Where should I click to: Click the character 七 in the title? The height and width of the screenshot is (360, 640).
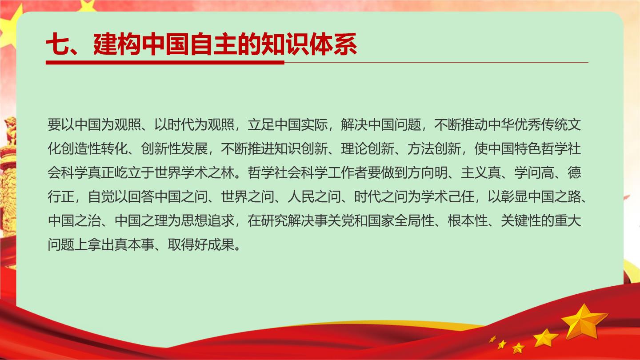click(x=57, y=44)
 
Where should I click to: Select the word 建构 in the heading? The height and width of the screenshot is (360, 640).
click(x=117, y=44)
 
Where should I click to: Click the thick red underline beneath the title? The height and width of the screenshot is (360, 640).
click(x=165, y=62)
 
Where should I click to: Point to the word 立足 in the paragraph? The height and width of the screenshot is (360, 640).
click(x=261, y=124)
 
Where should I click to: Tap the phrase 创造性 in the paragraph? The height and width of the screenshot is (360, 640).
click(x=81, y=148)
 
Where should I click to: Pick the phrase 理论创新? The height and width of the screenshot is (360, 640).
click(x=368, y=148)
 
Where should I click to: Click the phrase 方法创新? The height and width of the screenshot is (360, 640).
click(x=434, y=148)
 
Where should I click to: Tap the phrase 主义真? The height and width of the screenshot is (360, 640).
click(x=481, y=172)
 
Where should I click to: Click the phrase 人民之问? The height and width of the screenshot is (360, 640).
click(x=314, y=196)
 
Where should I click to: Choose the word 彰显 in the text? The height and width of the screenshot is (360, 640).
click(x=514, y=196)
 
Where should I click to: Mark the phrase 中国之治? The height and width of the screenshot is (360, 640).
click(x=74, y=220)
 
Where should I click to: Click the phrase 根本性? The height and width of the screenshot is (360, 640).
click(x=468, y=220)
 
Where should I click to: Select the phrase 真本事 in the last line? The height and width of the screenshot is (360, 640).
click(x=134, y=244)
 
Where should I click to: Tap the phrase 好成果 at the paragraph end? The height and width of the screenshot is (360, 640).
click(x=214, y=244)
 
